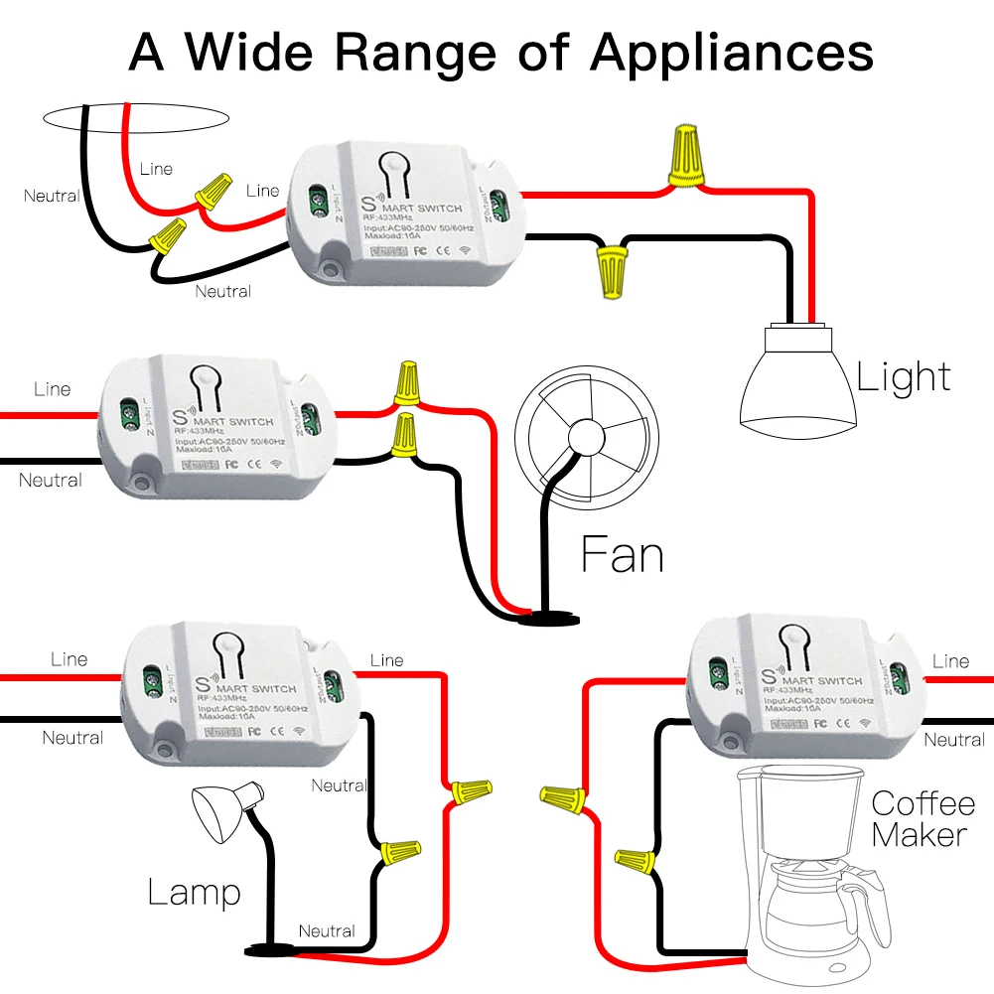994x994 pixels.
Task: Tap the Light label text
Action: pyautogui.click(x=904, y=377)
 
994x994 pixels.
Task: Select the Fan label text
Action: pyautogui.click(x=622, y=554)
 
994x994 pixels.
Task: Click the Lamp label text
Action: pyautogui.click(x=194, y=891)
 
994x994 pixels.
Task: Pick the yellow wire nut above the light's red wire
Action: pyautogui.click(x=687, y=155)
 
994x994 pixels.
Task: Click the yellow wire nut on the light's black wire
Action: pyautogui.click(x=610, y=271)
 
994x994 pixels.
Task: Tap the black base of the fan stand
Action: pyautogui.click(x=542, y=617)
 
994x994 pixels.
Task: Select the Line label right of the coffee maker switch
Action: pyautogui.click(x=950, y=661)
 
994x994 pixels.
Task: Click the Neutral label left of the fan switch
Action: pyautogui.click(x=50, y=481)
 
